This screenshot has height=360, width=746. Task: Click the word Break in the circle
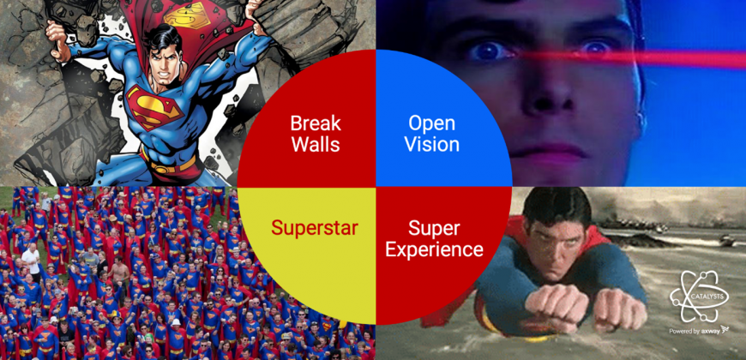[x=316, y=123]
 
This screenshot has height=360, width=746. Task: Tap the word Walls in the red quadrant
[x=316, y=144]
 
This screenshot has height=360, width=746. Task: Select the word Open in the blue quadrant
[x=431, y=124]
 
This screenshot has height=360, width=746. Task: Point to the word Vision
[x=431, y=144]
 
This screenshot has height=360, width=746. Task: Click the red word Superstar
[x=315, y=228]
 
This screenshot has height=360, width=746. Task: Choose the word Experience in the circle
[x=434, y=249]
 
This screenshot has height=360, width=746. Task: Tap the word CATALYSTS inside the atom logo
[x=699, y=296]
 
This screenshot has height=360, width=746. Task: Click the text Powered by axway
[x=699, y=330]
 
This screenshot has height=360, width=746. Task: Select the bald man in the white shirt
[x=30, y=259]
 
